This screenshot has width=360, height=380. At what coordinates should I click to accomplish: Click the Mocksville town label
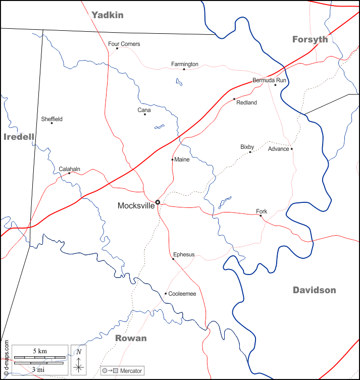tap(136, 206)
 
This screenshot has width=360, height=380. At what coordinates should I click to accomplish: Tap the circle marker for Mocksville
tap(158, 202)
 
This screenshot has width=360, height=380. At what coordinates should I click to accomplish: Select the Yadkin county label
tap(108, 15)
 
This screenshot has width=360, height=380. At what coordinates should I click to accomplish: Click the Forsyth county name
tap(310, 39)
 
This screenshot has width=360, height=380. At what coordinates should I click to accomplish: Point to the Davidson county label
tap(314, 290)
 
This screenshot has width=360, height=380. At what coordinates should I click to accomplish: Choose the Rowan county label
tap(131, 338)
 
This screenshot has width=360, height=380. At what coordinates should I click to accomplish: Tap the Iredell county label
tap(19, 137)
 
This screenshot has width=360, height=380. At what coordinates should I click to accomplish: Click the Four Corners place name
tap(124, 44)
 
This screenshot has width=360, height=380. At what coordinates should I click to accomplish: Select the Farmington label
tap(185, 64)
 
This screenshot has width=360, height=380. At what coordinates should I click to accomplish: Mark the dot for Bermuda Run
tap(275, 85)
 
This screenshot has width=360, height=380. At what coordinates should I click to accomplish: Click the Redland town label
tap(247, 102)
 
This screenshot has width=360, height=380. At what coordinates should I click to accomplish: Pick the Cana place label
tap(144, 110)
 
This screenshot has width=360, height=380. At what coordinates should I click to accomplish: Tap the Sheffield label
tap(52, 119)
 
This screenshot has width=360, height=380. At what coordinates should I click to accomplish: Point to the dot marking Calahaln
tap(69, 173)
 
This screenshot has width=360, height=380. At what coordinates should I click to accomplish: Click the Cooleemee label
tap(182, 294)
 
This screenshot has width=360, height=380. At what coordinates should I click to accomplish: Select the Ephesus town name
tap(184, 254)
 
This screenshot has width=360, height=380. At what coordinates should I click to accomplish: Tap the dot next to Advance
tap(291, 149)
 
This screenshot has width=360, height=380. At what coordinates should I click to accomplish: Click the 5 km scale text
tap(40, 350)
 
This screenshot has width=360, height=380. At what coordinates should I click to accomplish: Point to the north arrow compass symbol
tap(78, 363)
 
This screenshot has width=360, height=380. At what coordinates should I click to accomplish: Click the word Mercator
tap(131, 371)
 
